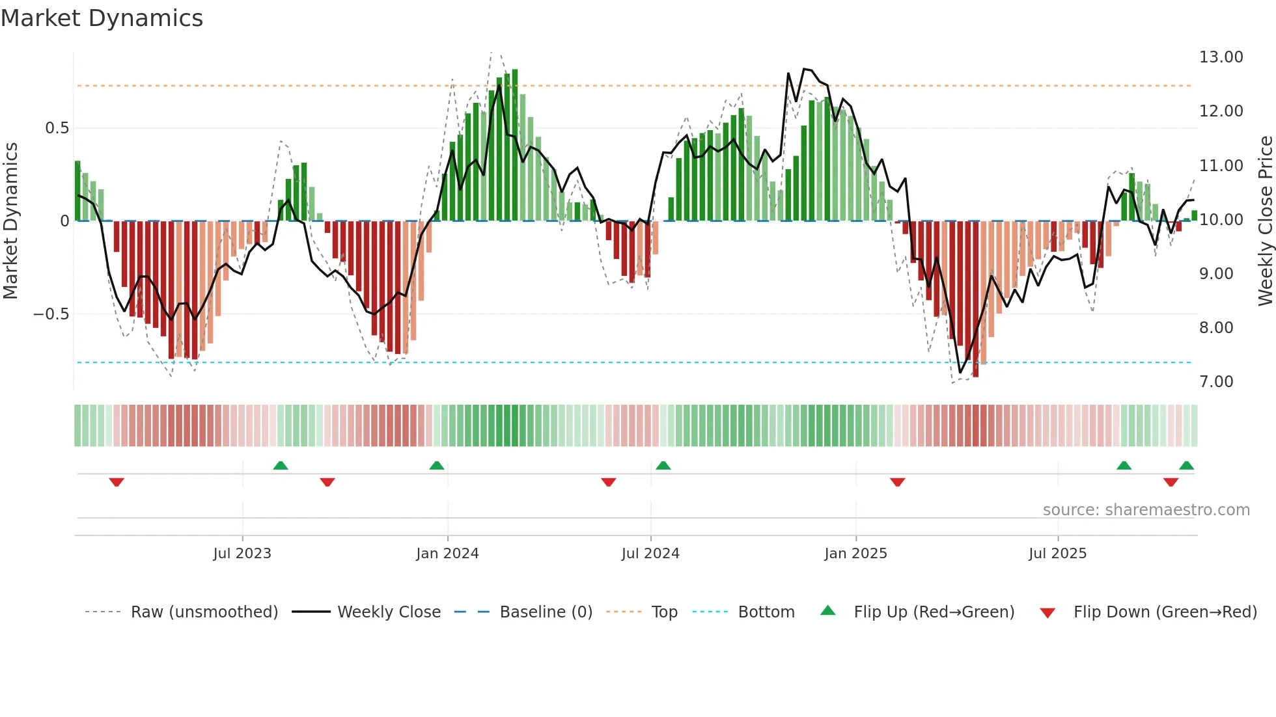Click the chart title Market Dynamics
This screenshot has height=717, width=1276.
tap(102, 18)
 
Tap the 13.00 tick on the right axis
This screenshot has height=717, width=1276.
tap(1221, 57)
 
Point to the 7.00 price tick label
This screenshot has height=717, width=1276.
tap(1216, 382)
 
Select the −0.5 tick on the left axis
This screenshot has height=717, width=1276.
tap(51, 314)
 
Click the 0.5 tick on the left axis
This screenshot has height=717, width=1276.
tap(57, 128)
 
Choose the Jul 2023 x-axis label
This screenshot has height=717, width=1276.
tap(242, 554)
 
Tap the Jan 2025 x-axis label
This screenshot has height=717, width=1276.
tap(855, 554)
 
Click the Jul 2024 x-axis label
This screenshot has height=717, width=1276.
tap(650, 554)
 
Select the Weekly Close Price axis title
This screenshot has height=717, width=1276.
tap(1265, 221)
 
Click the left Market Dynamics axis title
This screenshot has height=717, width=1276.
tap(10, 221)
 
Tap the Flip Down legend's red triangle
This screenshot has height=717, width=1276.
tap(1047, 613)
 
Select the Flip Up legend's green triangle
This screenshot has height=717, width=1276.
tap(827, 610)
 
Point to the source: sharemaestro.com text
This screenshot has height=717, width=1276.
tap(1146, 510)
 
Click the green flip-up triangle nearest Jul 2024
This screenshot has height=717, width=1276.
tap(663, 466)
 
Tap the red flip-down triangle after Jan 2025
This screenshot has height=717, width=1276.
tap(897, 482)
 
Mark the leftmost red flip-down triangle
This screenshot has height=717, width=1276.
tap(117, 482)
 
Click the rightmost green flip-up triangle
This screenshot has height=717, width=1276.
tap(1186, 466)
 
